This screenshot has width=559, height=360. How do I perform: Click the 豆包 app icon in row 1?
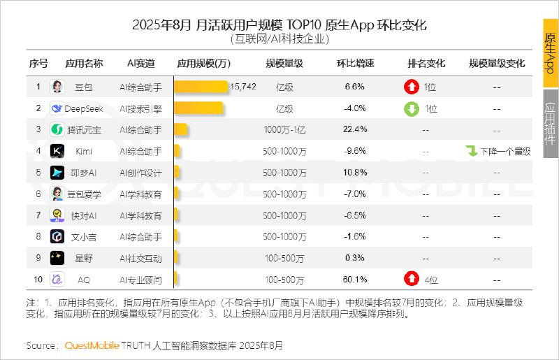click(57, 87)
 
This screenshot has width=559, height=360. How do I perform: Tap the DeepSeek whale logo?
click(57, 108)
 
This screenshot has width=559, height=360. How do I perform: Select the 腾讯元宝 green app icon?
click(57, 130)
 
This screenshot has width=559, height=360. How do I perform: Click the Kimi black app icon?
click(57, 151)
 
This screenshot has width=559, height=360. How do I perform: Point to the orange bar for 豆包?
click(201, 87)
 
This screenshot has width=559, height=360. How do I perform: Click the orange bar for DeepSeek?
click(198, 108)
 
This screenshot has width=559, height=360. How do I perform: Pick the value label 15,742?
click(243, 87)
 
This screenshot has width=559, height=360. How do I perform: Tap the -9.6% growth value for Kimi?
click(356, 151)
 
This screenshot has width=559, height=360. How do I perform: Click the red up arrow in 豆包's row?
click(411, 87)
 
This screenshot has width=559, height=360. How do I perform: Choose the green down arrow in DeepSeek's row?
click(411, 108)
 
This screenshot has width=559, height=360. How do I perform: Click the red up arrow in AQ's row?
click(411, 280)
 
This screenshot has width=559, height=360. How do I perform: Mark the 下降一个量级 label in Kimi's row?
click(504, 151)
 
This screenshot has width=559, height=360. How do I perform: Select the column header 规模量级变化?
click(498, 64)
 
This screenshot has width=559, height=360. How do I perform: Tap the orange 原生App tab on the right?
click(551, 53)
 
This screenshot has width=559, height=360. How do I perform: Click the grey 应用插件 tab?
click(551, 123)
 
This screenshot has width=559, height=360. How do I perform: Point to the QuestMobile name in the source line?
click(91, 345)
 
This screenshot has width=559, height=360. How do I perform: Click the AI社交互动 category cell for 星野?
click(140, 258)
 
